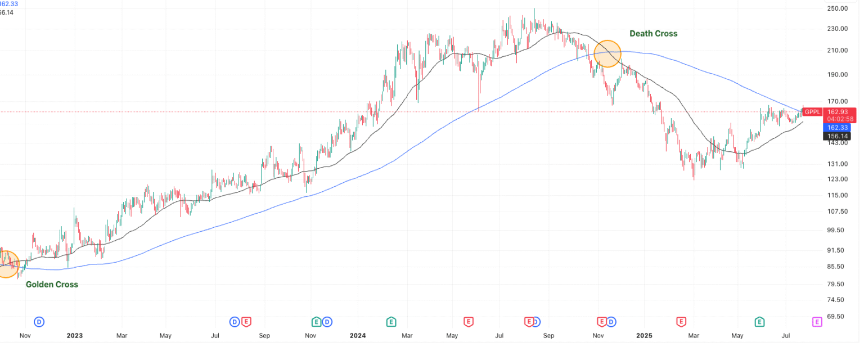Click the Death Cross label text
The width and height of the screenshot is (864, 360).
pos(653,34)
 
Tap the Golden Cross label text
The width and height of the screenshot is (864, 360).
pos(52,285)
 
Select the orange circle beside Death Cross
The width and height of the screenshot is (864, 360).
pos(607,54)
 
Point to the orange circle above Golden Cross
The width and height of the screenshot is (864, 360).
pos(7,264)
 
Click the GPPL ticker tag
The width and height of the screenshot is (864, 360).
pos(813,111)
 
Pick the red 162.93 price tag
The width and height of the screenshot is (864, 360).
pos(838,111)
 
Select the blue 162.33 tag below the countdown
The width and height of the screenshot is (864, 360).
pos(838,128)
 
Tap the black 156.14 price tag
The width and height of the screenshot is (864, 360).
pos(838,136)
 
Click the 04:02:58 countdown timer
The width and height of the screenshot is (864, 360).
pos(838,119)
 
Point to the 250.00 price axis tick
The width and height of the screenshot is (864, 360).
pos(838,8)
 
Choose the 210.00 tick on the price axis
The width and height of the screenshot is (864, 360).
pos(838,51)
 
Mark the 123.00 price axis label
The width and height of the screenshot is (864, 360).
pos(838,179)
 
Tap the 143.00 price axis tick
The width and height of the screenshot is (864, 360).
pos(838,143)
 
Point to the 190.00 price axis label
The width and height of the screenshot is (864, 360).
pos(838,74)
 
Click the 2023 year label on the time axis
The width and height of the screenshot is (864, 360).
pos(74,336)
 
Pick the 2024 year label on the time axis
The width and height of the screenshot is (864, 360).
pos(358,336)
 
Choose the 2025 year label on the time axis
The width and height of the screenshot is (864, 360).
pos(643,336)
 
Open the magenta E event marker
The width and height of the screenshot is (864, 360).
pos(817,322)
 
